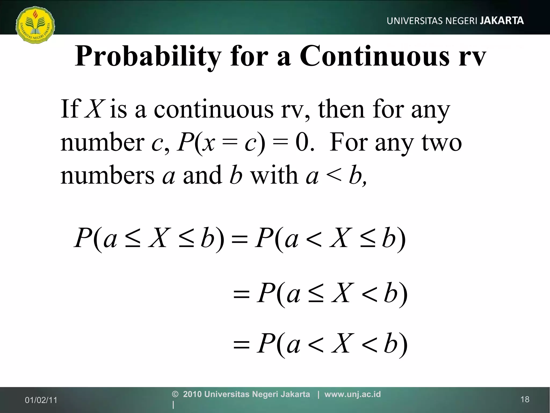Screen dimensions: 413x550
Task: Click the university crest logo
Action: pos(35,25)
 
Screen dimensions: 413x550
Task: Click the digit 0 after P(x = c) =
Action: pos(302,142)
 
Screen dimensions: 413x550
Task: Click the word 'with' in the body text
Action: pos(274,175)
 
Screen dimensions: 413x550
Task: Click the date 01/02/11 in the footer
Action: pos(41,400)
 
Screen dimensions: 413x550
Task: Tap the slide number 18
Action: pos(525,399)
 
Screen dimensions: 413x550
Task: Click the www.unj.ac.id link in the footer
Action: pos(352,394)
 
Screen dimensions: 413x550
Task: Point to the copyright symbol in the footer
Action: pos(175,394)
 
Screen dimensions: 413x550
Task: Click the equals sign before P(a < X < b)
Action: pos(241,345)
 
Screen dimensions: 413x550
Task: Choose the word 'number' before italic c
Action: pos(102,142)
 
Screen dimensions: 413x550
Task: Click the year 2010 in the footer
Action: pos(192,394)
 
